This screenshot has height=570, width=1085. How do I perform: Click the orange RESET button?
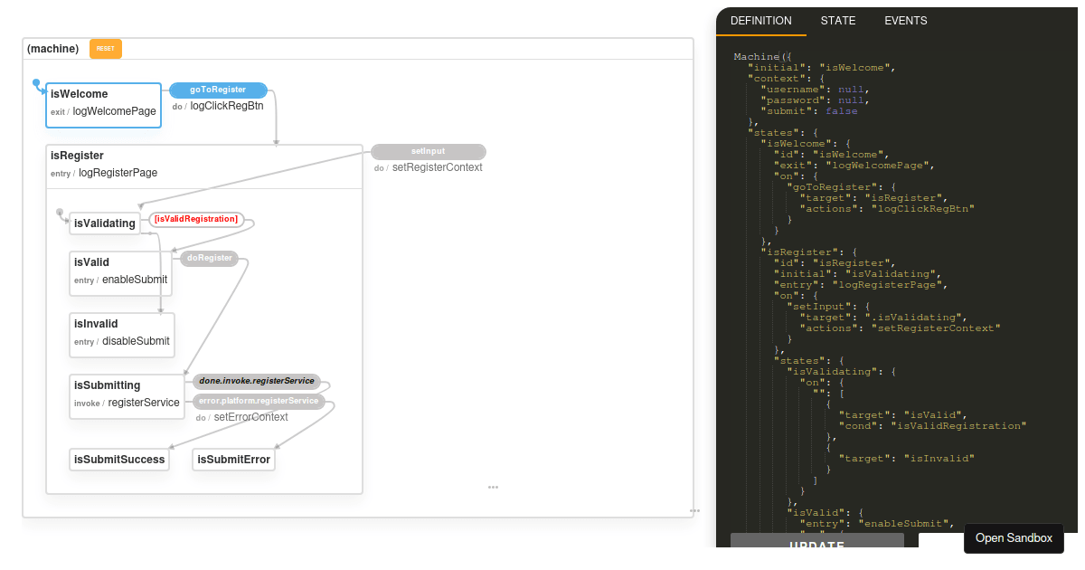point(106,49)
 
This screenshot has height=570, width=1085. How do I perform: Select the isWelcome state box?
point(103,105)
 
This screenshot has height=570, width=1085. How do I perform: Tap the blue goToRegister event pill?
point(218,90)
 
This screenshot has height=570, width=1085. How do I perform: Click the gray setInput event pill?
point(429,151)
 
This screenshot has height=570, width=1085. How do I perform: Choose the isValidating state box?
point(105,223)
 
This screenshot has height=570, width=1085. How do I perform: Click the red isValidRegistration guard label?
point(196,219)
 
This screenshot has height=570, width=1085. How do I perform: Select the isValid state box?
point(120,273)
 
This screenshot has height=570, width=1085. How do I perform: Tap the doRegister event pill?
point(210,258)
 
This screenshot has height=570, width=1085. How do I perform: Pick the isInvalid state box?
point(122,335)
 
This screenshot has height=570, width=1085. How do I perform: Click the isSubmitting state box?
point(127,396)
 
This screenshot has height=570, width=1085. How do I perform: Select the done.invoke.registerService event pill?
point(257,381)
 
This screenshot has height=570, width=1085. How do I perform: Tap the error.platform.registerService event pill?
point(259,401)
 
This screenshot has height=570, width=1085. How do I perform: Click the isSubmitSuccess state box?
point(119,460)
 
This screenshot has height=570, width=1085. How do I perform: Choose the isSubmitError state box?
point(233,460)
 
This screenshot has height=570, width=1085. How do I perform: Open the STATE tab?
point(838,21)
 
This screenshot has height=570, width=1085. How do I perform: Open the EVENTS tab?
point(906,21)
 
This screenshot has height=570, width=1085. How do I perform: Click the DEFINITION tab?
point(761,21)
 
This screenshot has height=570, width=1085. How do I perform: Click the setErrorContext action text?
point(251,417)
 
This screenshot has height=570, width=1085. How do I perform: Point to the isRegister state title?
point(77,156)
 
